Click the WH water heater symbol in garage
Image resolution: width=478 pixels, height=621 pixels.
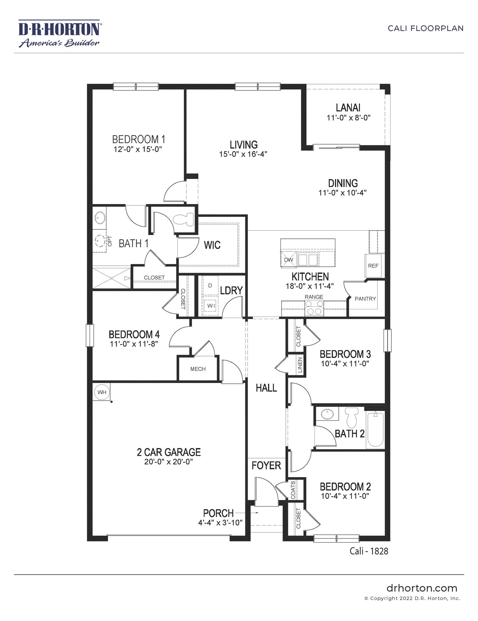[102, 392]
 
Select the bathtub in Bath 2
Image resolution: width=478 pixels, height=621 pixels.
[375, 429]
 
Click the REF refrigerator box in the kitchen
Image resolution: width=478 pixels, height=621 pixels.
[373, 266]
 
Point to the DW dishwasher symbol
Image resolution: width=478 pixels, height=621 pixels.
[288, 260]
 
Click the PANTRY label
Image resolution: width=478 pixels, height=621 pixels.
[365, 299]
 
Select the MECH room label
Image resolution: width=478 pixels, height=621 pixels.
[198, 369]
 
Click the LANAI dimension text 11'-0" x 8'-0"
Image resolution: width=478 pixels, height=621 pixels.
[348, 118]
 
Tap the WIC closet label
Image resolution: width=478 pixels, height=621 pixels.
[212, 245]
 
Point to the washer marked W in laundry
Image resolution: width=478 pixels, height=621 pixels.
[210, 306]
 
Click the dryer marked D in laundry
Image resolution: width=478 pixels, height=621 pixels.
[210, 285]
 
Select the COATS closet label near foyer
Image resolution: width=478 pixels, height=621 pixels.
[293, 489]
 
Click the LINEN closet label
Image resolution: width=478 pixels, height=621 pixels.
[300, 365]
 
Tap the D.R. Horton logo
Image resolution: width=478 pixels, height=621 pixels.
[59, 34]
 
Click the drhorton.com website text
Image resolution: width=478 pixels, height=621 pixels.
[422, 588]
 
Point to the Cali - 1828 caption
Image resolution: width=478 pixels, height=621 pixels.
[369, 551]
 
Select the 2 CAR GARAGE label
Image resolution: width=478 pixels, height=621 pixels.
[169, 452]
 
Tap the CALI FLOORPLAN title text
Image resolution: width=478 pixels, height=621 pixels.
[425, 28]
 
